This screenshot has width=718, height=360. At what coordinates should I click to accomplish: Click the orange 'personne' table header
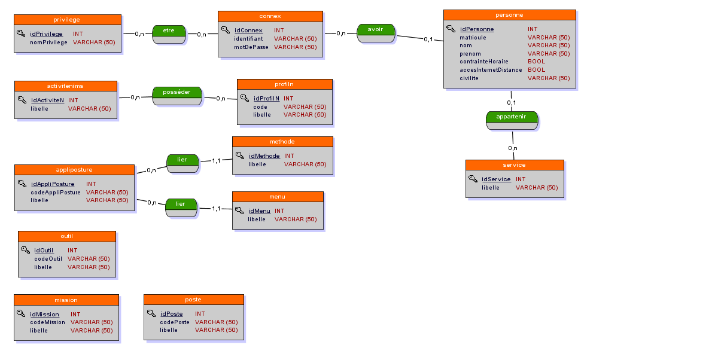click(x=509, y=14)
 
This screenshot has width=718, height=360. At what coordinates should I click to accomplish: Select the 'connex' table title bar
click(x=270, y=16)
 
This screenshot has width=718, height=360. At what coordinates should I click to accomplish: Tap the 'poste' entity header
click(x=193, y=299)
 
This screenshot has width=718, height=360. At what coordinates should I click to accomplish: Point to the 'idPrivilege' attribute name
click(x=47, y=34)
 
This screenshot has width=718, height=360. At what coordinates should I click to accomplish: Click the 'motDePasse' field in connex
click(x=251, y=47)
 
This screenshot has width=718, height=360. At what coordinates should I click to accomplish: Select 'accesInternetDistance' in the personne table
click(x=491, y=70)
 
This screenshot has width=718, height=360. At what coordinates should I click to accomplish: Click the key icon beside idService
click(x=473, y=179)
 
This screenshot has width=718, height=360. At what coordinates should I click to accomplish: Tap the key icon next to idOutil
click(x=25, y=250)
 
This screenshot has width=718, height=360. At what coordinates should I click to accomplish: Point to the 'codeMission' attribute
click(x=48, y=322)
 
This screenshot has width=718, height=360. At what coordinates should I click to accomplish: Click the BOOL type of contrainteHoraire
click(x=536, y=62)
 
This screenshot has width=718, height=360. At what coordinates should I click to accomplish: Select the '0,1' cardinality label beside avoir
click(x=428, y=39)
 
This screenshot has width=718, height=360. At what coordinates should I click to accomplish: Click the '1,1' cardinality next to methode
click(x=217, y=160)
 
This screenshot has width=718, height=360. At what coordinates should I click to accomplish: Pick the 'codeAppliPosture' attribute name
click(x=56, y=193)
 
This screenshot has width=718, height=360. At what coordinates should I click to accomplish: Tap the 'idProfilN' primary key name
click(x=266, y=98)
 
